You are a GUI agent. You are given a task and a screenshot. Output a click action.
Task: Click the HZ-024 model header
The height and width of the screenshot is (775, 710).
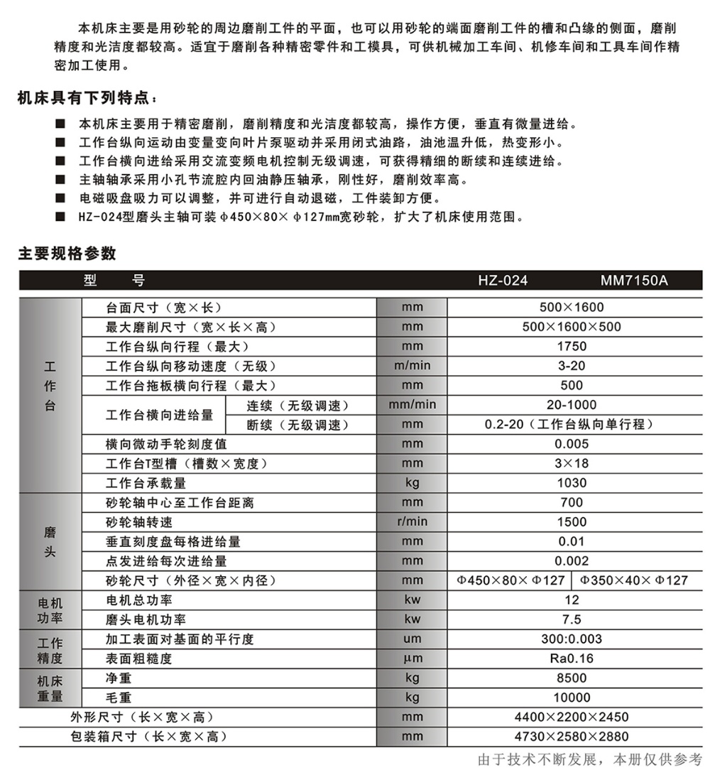pyautogui.click(x=503, y=281)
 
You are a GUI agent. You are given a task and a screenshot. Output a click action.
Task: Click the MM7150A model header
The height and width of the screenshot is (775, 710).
pyautogui.click(x=634, y=281)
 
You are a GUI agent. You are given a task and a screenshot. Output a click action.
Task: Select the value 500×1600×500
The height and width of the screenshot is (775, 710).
pyautogui.click(x=572, y=327)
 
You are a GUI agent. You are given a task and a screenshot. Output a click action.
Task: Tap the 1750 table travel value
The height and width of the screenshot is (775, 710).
pyautogui.click(x=572, y=347)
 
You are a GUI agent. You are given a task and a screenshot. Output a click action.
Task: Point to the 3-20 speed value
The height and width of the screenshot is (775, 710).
pyautogui.click(x=572, y=367)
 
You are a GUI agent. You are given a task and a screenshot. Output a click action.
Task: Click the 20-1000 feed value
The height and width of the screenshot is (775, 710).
pyautogui.click(x=572, y=406)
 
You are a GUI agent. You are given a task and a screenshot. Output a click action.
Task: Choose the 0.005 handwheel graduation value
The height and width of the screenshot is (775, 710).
pyautogui.click(x=572, y=445)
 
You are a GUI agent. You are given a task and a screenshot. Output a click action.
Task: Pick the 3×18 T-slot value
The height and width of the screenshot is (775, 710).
pyautogui.click(x=572, y=464)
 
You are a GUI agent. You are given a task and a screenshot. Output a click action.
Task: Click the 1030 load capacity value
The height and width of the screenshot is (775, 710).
pyautogui.click(x=572, y=484)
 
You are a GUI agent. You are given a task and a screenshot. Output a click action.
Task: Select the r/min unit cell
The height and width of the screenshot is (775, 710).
pyautogui.click(x=412, y=522)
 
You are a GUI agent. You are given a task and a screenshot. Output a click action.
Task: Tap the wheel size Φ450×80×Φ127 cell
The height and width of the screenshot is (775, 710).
pyautogui.click(x=510, y=580)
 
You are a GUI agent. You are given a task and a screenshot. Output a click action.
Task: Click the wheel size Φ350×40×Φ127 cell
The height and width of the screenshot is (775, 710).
pyautogui.click(x=633, y=580)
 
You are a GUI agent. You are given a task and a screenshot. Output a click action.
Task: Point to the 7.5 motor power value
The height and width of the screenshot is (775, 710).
pyautogui.click(x=572, y=619)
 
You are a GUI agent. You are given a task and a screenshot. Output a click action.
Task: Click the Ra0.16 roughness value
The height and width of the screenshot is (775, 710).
pyautogui.click(x=572, y=659)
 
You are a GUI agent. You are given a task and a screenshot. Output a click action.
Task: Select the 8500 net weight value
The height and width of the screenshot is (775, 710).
pyautogui.click(x=572, y=678)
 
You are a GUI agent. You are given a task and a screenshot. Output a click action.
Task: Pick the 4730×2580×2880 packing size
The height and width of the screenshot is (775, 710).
pyautogui.click(x=572, y=737)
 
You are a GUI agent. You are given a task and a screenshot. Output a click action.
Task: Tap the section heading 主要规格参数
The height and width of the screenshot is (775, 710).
pyautogui.click(x=67, y=254)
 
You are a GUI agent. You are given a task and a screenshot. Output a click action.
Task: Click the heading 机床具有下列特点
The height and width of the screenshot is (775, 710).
pyautogui.click(x=85, y=97)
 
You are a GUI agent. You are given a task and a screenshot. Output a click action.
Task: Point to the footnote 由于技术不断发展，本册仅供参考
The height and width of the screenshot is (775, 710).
pyautogui.click(x=590, y=759)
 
